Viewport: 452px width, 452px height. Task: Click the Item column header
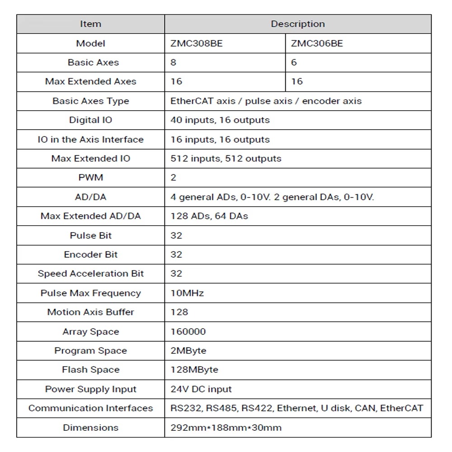pyautogui.click(x=90, y=24)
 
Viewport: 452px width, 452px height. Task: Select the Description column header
pyautogui.click(x=297, y=24)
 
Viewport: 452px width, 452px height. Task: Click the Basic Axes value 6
pyautogui.click(x=294, y=62)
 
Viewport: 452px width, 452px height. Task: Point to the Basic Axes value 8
pyautogui.click(x=174, y=62)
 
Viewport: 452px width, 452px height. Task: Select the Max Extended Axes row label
pyautogui.click(x=90, y=82)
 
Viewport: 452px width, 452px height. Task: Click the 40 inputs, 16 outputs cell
pyautogui.click(x=220, y=120)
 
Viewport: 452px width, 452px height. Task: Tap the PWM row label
pyautogui.click(x=90, y=178)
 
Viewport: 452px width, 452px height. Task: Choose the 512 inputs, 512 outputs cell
pyautogui.click(x=226, y=159)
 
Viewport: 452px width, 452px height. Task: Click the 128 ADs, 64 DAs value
pyautogui.click(x=209, y=216)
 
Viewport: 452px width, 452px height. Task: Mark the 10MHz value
pyautogui.click(x=187, y=293)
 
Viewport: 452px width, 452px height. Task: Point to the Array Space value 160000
pyautogui.click(x=188, y=331)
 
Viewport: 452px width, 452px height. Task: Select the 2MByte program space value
pyautogui.click(x=188, y=351)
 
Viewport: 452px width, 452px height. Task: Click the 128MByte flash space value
pyautogui.click(x=194, y=370)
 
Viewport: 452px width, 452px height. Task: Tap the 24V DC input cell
pyautogui.click(x=201, y=389)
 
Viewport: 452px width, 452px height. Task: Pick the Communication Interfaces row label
pyautogui.click(x=90, y=408)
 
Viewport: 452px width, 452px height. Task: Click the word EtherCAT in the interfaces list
pyautogui.click(x=401, y=408)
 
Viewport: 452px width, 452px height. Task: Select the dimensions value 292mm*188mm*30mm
pyautogui.click(x=226, y=428)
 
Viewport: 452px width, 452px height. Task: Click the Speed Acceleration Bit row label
pyautogui.click(x=90, y=273)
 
